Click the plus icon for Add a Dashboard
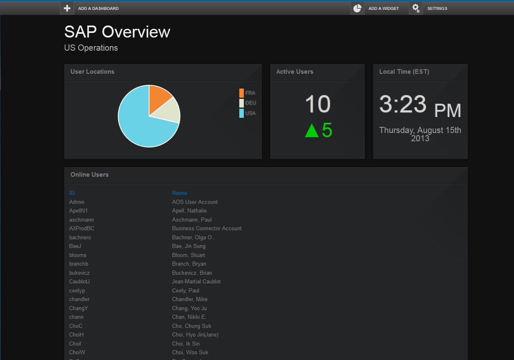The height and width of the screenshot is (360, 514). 67,8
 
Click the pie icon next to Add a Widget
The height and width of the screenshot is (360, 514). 357,8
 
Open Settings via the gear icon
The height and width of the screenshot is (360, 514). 416,8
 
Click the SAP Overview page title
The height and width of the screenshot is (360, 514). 117,32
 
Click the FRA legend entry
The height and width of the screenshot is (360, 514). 248,93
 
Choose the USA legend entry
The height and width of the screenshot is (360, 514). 248,113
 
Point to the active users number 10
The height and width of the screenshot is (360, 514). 318,104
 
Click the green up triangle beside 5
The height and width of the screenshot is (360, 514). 312,131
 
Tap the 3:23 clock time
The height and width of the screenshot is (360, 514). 402,104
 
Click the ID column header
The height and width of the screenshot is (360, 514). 72,193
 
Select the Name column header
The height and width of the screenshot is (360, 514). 180,193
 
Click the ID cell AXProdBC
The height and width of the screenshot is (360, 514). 82,228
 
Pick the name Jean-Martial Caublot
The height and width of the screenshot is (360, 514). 196,281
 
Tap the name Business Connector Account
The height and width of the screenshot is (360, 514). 207,228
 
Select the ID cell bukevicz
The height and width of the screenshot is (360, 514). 79,273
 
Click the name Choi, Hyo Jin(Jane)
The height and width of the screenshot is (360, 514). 195,334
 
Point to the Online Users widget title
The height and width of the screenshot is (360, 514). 89,175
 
